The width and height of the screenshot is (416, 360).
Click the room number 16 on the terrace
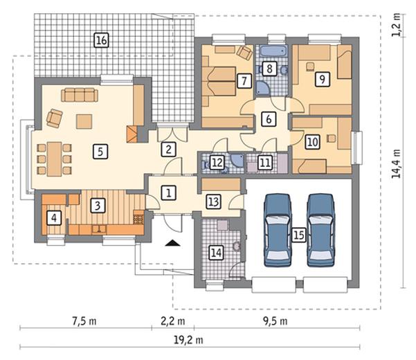coord(102,41)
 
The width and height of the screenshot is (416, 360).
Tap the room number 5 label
coord(100,152)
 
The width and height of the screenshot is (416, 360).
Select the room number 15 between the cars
coord(299,235)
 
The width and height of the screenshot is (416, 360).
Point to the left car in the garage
coord(278,230)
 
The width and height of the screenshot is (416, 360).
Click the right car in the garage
coord(321,230)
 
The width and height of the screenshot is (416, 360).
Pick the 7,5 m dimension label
coord(84,321)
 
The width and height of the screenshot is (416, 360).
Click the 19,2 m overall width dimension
coord(189,340)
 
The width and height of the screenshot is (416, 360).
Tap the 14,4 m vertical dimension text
coord(397,163)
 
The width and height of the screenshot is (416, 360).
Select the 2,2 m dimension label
coord(173,321)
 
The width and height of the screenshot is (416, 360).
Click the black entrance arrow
coord(173,243)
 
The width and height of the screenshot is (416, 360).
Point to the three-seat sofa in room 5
coord(80,95)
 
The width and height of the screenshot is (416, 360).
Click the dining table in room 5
coord(55,159)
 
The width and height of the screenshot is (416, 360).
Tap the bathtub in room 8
coord(273,51)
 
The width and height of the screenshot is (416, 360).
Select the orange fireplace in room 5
coord(132,134)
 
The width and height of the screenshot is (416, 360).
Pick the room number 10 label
coord(313,142)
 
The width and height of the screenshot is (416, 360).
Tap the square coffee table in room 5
coord(84,122)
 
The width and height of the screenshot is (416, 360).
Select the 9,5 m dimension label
coord(275,321)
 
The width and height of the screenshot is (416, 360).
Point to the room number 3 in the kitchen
coord(98,206)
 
